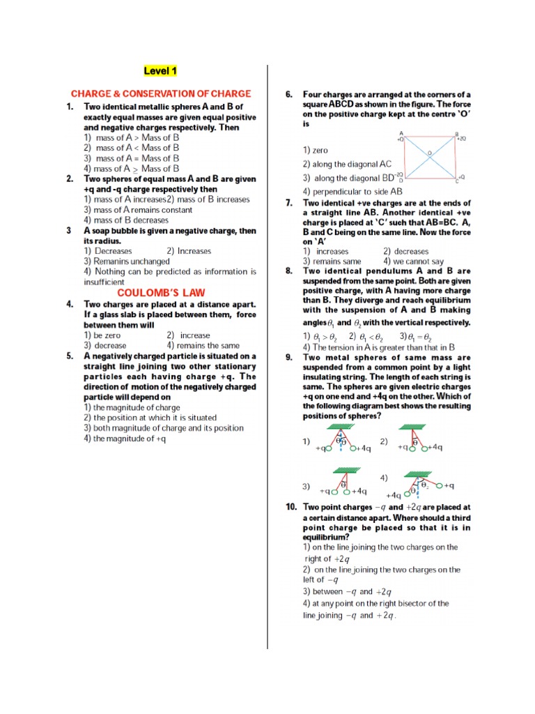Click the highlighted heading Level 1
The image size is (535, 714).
[160, 71]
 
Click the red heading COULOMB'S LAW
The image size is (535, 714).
[161, 293]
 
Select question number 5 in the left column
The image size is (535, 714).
[70, 356]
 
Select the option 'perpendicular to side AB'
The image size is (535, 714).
[352, 192]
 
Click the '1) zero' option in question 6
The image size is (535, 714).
[315, 151]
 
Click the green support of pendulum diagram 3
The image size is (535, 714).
[343, 469]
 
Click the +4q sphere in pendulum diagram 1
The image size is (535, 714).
[353, 448]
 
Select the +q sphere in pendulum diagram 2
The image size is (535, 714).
[411, 448]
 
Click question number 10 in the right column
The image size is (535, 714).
[290, 507]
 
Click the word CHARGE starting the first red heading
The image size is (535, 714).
[91, 93]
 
